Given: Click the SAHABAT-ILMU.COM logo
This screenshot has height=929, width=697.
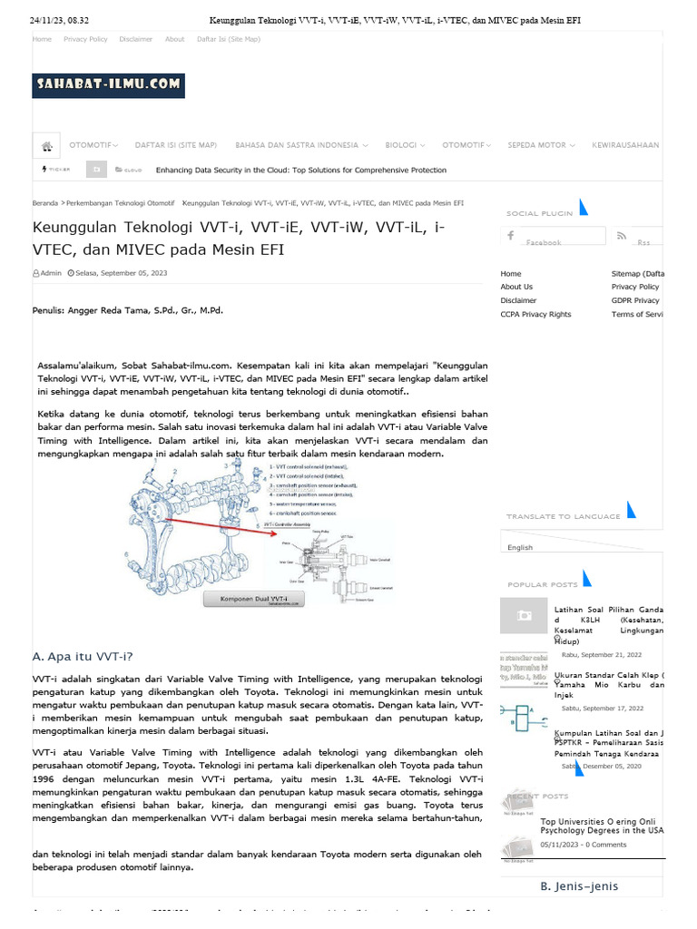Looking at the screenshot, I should pos(108,85).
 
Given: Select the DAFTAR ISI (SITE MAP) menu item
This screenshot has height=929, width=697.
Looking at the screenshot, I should pos(176,145).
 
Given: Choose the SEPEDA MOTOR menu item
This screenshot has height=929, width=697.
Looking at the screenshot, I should pos(539,145).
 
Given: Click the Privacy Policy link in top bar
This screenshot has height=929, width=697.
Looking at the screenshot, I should pos(85,39).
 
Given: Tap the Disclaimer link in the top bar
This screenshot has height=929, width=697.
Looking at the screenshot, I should pos(136,39).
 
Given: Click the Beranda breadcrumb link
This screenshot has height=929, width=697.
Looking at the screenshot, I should pos(45,203).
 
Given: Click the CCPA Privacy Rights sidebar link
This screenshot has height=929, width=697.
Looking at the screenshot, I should pos(535,314).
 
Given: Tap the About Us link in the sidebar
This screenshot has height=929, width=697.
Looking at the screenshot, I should pos(516,287).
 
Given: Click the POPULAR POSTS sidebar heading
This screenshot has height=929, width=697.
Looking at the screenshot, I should pos(542,585).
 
